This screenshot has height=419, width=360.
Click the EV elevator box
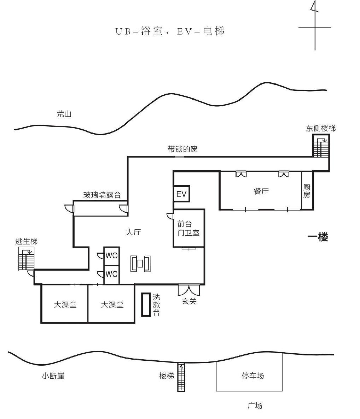[182, 194]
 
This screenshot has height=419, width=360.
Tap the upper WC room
[111, 256]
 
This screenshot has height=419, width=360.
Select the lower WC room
[111, 274]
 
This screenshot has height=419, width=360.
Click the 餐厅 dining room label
[261, 191]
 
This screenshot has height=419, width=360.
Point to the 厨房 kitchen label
[307, 191]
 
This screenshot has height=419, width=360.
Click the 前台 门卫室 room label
[188, 228]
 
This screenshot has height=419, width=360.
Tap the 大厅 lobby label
[133, 232]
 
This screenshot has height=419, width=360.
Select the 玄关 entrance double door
[189, 290]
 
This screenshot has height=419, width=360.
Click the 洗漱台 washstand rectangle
[146, 305]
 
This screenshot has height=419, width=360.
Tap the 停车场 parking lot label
[253, 376]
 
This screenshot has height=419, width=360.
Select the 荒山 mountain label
[64, 114]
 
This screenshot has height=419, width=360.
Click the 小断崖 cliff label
[53, 376]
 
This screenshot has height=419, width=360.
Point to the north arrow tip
[315, 1]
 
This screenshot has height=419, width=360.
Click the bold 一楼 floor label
[318, 237]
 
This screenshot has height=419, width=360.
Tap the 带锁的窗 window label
[183, 149]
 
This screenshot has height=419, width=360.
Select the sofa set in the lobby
[140, 264]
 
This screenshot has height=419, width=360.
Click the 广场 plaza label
[255, 405]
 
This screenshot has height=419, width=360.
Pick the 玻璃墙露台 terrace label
[102, 195]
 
